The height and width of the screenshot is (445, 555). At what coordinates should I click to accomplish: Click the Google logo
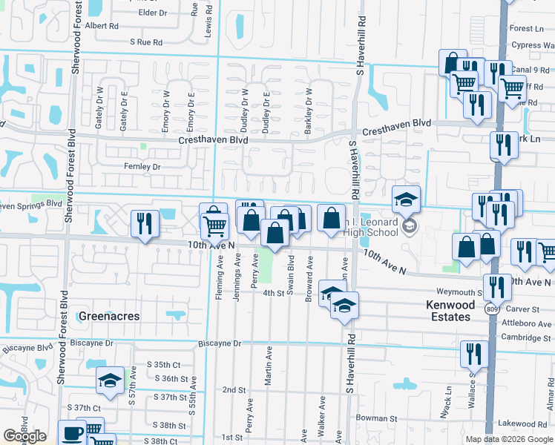point(24,436)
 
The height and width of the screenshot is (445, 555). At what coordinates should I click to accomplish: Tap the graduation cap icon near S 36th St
point(110,380)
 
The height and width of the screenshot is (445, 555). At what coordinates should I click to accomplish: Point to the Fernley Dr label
point(142,167)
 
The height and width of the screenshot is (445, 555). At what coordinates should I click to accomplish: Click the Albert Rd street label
point(102,25)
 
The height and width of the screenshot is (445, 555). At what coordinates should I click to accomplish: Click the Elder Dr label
point(152,13)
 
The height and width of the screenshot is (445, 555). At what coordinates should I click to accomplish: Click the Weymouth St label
point(460,292)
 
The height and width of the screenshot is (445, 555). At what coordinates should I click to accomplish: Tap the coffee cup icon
point(73,432)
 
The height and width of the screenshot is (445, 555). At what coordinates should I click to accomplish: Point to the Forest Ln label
point(527,28)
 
